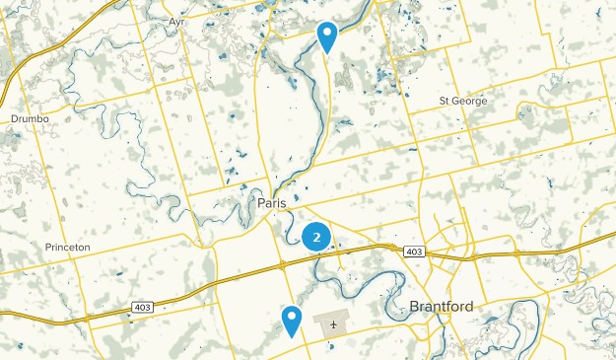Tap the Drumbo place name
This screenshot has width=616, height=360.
click(x=30, y=119)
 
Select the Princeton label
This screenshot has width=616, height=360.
click(x=68, y=247)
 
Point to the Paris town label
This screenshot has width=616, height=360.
click(x=271, y=203)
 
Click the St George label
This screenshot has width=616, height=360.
click(x=463, y=102)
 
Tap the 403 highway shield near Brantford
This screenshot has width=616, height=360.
click(x=414, y=252)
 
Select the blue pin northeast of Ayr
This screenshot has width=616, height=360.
click(x=327, y=37)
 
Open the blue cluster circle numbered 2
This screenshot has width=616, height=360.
click(x=315, y=237)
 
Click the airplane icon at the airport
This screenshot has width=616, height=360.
click(x=335, y=323)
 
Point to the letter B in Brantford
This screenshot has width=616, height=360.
click(x=414, y=307)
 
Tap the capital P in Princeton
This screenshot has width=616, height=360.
click(x=48, y=247)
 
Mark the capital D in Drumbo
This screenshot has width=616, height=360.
click(x=14, y=119)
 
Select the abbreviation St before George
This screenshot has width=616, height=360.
click(x=445, y=102)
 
